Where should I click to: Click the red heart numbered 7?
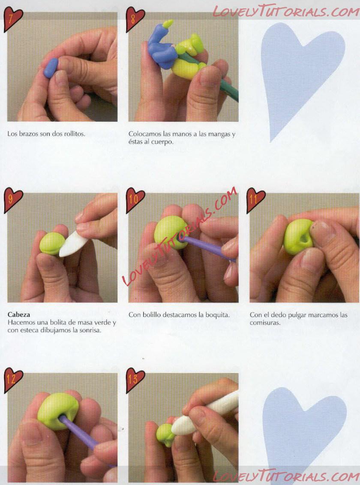pyautogui.click(x=12, y=18)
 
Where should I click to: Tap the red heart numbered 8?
pyautogui.click(x=135, y=18)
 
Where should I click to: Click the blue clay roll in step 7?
pyautogui.click(x=51, y=68)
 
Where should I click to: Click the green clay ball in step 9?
pyautogui.click(x=52, y=244)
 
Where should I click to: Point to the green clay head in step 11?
pyautogui.click(x=298, y=237)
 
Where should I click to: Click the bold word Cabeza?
pyautogui.click(x=19, y=314)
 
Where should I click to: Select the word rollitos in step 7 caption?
pyautogui.click(x=74, y=134)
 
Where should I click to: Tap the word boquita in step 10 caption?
pyautogui.click(x=217, y=315)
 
